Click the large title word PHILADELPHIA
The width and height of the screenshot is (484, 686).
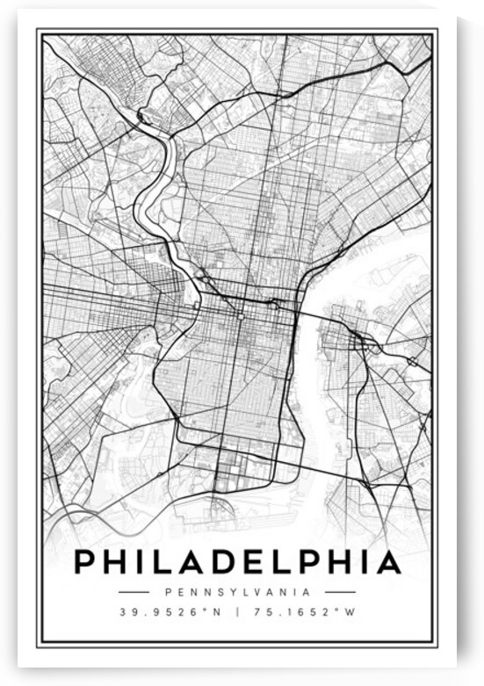237,562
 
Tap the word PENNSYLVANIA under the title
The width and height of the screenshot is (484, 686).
237,592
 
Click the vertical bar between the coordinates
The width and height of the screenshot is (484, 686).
237,611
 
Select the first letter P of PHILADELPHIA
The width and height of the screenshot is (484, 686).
86,562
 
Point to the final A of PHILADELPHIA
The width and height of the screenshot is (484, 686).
388,562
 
